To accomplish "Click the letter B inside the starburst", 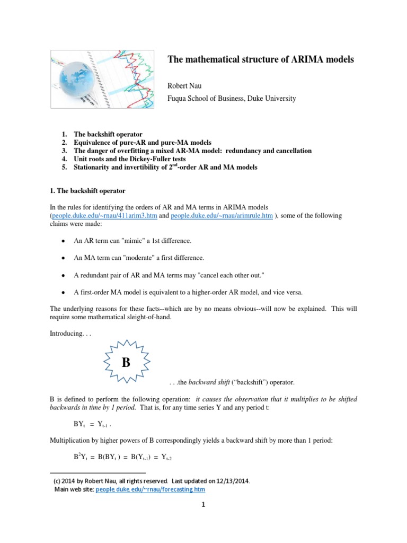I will [x=126, y=363].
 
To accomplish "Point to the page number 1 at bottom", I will [x=202, y=505].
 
